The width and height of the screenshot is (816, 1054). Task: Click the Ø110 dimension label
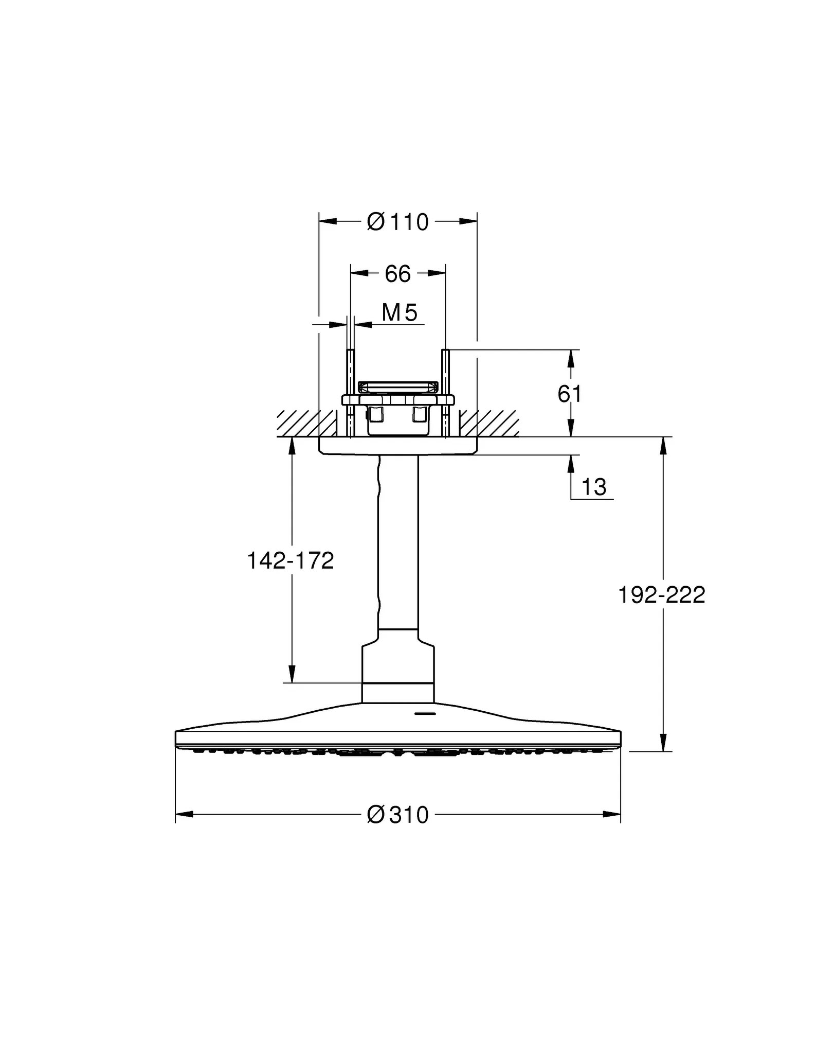397,222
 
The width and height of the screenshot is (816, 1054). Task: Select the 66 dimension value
397,274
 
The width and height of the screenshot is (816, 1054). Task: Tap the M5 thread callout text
400,312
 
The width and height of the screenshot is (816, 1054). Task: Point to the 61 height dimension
569,394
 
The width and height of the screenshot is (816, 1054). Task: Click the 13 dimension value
594,487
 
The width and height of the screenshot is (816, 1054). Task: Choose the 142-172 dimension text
291,560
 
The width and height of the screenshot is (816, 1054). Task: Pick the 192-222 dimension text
661,595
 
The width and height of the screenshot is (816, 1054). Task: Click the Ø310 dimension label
397,815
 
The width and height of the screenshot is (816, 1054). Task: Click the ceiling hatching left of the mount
303,423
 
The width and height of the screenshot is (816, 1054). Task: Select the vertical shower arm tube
398,540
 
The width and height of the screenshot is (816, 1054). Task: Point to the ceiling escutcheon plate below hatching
397,446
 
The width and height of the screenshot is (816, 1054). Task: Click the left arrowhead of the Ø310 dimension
184,814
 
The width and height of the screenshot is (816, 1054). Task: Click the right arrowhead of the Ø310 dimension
612,814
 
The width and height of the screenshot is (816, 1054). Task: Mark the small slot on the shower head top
425,714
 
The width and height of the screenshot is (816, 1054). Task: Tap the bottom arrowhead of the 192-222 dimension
663,742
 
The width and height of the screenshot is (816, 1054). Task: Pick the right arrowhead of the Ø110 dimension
468,221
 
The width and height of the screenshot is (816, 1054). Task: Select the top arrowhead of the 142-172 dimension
292,446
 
